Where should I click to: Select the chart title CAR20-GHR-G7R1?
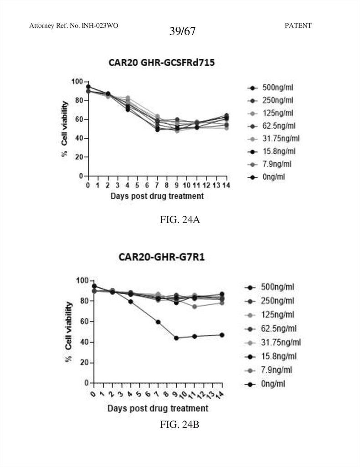162,257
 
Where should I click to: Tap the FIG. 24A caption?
179,220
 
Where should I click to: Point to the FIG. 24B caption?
180,425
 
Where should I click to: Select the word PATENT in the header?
298,26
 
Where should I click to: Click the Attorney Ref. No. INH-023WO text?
74,26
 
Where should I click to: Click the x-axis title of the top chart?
157,196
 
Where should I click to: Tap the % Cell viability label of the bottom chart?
69,332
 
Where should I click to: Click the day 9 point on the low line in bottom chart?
176,338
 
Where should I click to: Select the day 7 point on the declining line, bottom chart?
158,322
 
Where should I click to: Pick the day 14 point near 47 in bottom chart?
221,335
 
